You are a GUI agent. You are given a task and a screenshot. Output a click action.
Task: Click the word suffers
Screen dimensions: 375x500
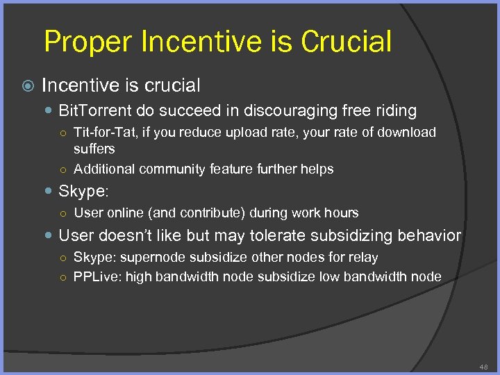coord(94,149)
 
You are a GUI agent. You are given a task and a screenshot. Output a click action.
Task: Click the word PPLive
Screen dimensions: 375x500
coord(95,276)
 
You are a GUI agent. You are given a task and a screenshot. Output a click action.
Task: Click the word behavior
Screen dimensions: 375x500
coord(429,235)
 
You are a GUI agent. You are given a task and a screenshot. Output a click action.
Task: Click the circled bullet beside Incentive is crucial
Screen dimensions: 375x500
coord(27,86)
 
